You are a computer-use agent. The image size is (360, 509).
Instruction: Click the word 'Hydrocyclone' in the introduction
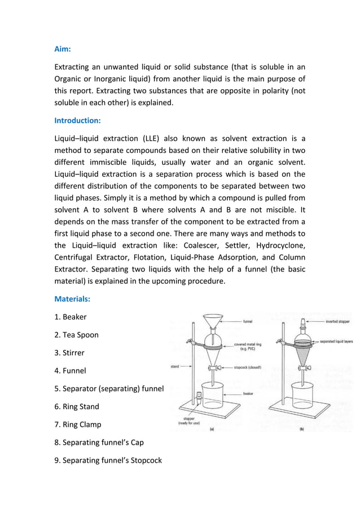(280, 245)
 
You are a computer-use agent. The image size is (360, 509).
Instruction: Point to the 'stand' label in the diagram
(175, 367)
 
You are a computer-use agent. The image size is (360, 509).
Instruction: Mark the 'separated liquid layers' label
(338, 341)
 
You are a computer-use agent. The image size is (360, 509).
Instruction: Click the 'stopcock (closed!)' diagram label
(251, 367)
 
